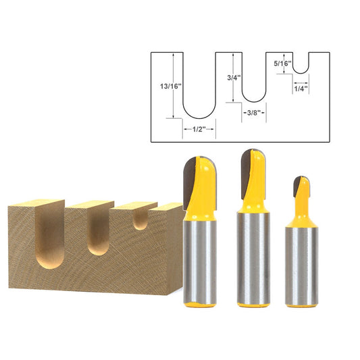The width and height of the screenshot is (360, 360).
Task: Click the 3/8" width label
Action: pos(254,108)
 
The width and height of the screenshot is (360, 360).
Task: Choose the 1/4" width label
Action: pos(301,88)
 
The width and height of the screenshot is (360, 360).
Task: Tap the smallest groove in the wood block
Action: pos(140,220)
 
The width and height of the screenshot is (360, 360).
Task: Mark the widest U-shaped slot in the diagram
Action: pos(199,95)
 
